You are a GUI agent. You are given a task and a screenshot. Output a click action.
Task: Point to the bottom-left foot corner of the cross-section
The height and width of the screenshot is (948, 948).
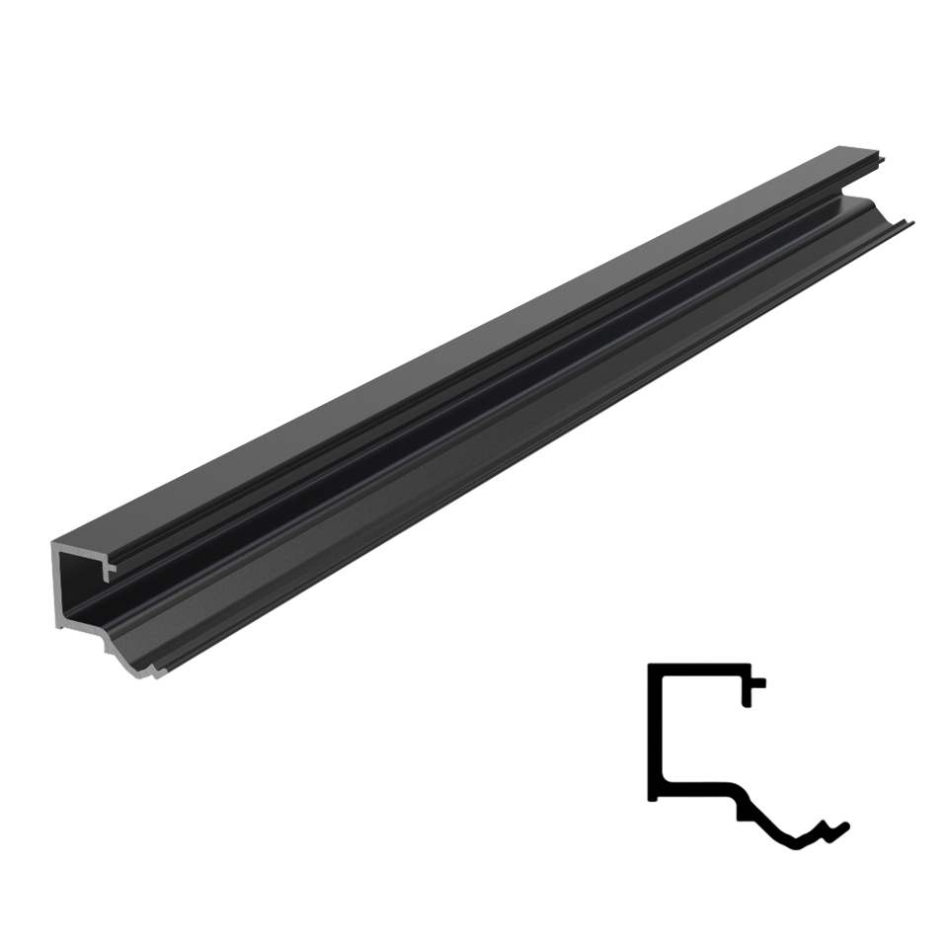pyautogui.click(x=651, y=798)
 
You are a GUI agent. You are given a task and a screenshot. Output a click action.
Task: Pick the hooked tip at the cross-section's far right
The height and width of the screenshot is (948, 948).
pyautogui.click(x=846, y=822)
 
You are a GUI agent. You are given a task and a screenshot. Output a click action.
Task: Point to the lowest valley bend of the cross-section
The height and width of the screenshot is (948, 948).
pyautogui.click(x=796, y=842)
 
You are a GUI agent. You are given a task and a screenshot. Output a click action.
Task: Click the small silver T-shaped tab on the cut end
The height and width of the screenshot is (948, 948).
pyautogui.click(x=111, y=568)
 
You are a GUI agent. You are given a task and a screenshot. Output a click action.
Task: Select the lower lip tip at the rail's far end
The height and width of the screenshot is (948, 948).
pyautogui.click(x=912, y=220)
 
